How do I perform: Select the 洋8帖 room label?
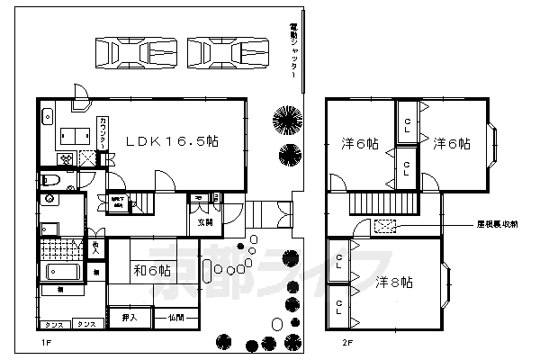393,283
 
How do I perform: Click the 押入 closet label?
129,317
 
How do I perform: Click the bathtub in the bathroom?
61,273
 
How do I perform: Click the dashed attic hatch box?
384,225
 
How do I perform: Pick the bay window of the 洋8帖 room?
446,283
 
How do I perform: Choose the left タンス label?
52,324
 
